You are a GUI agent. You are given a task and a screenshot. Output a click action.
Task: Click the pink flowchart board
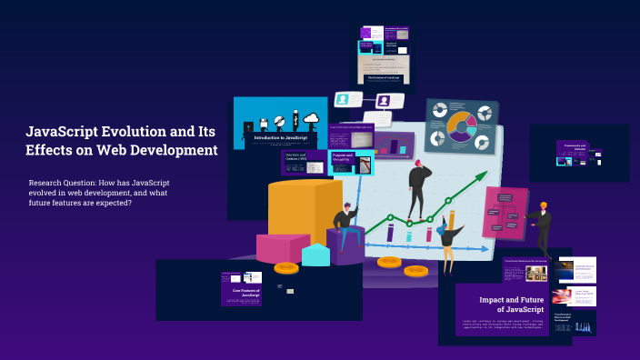505,212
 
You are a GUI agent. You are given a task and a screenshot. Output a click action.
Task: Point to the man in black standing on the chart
418,188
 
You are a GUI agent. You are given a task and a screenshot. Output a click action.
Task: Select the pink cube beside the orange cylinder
279,248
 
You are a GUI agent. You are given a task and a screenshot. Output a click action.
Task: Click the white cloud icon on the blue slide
311,118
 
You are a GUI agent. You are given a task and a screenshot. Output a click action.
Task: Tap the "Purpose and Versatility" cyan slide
352,162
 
